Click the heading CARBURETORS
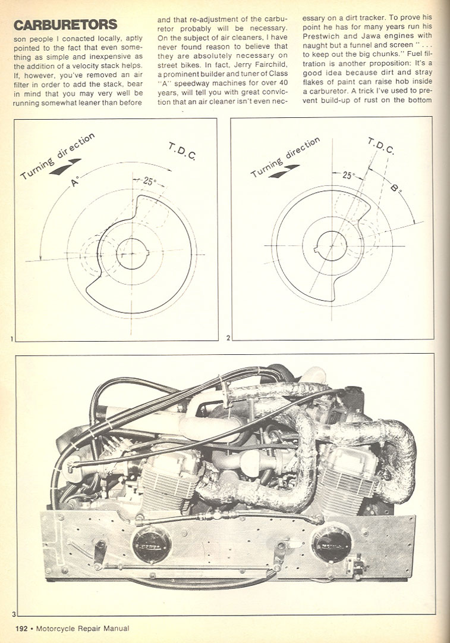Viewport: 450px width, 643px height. tap(65, 25)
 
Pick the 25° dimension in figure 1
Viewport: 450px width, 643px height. tap(148, 182)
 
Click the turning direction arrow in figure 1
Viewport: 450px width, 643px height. tap(65, 166)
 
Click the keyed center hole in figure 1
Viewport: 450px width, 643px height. tap(131, 254)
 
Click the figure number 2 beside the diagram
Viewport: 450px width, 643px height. tap(228, 338)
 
